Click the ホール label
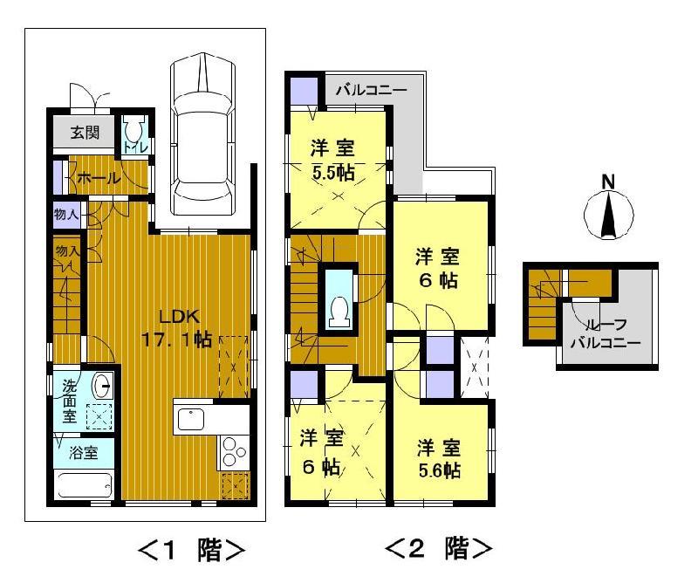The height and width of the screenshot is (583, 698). tap(99, 178)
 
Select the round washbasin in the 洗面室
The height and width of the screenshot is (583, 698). tap(102, 385)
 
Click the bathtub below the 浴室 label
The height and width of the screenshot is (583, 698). tap(84, 484)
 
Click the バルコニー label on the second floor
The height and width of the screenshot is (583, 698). tap(370, 90)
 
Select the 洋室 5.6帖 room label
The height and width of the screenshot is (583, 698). tap(438, 458)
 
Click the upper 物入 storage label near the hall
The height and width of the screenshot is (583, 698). tap(66, 214)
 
